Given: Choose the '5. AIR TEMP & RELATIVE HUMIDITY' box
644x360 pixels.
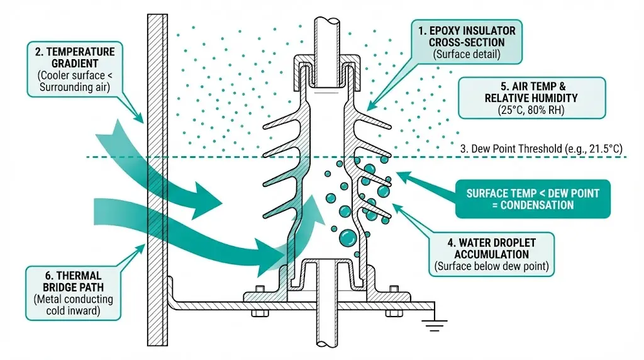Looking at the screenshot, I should tap(531, 98).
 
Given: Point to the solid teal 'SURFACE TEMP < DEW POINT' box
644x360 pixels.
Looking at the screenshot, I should tap(532, 198).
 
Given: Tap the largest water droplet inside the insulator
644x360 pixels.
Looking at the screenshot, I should tap(347, 238).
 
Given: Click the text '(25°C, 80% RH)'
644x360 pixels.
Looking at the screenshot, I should tap(531, 109).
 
